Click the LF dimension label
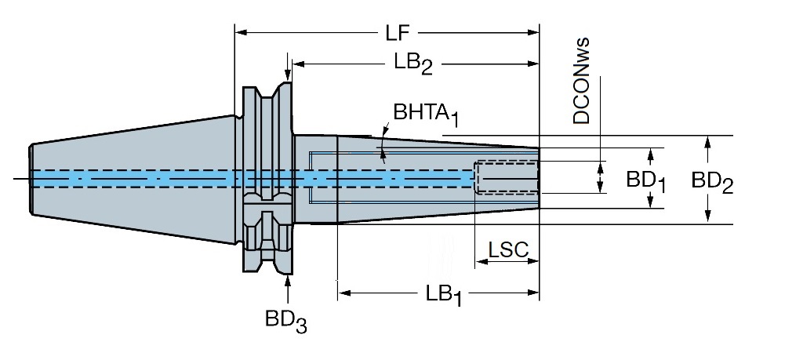398,33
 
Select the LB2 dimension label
413,64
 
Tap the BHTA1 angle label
426,115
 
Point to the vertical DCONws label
581,81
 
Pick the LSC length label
508,249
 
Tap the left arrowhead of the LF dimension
241,32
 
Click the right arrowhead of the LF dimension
532,32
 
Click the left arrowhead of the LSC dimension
481,261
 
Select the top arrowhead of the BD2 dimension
707,142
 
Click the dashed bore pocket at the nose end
507,177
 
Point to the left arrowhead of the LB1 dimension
344,293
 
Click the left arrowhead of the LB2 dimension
299,64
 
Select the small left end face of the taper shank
31,180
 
